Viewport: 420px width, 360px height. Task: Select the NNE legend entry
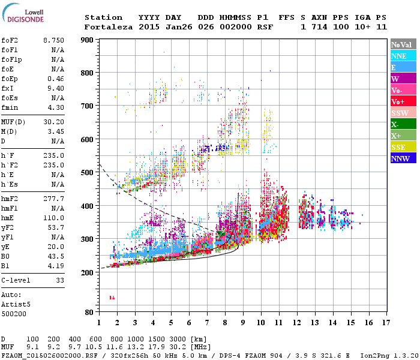pyautogui.click(x=403, y=56)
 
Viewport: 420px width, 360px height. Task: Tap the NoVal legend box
pyautogui.click(x=403, y=44)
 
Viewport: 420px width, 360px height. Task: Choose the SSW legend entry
pyautogui.click(x=403, y=113)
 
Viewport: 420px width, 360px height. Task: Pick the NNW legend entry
pyautogui.click(x=403, y=158)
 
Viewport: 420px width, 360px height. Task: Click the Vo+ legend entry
pyautogui.click(x=403, y=101)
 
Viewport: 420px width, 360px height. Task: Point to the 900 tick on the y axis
pyautogui.click(x=88, y=40)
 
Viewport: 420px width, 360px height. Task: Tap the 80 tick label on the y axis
pyautogui.click(x=89, y=313)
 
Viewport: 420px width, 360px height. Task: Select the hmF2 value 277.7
pyautogui.click(x=55, y=197)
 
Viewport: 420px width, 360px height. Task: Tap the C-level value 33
pyautogui.click(x=60, y=280)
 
